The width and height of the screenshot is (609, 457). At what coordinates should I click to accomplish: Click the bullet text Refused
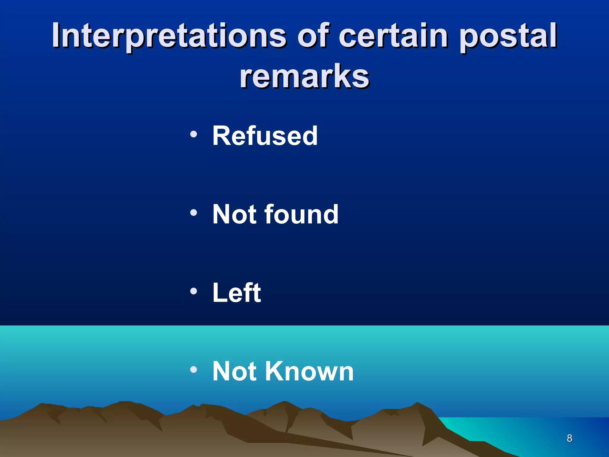pyautogui.click(x=265, y=136)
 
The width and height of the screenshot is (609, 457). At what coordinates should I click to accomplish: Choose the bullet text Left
pyautogui.click(x=237, y=293)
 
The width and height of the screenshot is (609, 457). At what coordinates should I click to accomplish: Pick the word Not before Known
pyautogui.click(x=235, y=371)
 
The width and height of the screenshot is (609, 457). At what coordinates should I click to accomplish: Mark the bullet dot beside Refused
pyautogui.click(x=194, y=134)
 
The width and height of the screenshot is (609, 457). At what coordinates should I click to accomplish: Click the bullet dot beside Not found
pyautogui.click(x=194, y=212)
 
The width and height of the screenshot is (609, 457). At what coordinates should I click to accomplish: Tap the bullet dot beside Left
pyautogui.click(x=194, y=291)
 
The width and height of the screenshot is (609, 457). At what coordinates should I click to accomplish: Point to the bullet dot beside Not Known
pyautogui.click(x=194, y=370)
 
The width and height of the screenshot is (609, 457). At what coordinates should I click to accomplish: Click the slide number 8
pyautogui.click(x=569, y=438)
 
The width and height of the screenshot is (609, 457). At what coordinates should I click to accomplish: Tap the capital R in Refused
pyautogui.click(x=221, y=136)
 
